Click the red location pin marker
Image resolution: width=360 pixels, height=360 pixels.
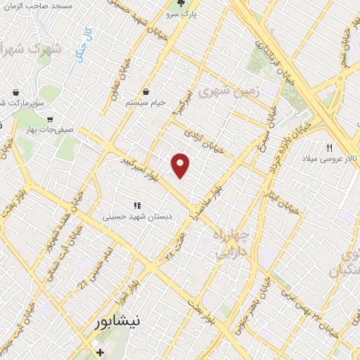click(181, 165)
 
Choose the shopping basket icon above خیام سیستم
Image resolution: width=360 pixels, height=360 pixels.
click(146, 91)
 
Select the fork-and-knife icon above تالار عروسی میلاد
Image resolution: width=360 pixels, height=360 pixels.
click(328, 147)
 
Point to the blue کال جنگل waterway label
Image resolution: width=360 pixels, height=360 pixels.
click(86, 40)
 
